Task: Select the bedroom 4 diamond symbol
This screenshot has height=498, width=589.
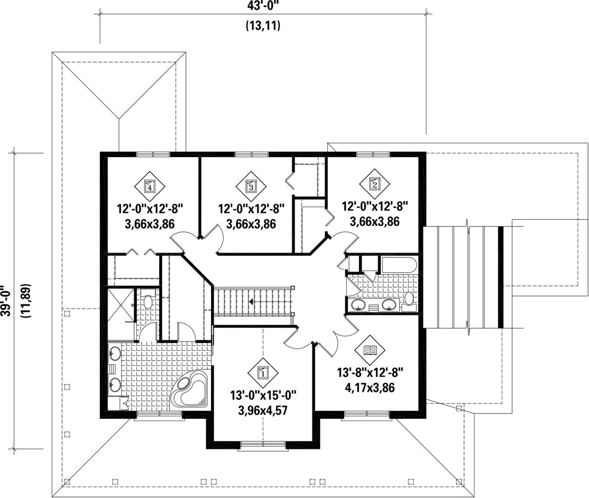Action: pyautogui.click(x=149, y=185)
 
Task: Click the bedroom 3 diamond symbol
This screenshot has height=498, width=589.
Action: pyautogui.click(x=251, y=185)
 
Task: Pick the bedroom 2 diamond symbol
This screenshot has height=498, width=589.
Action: pyautogui.click(x=375, y=183)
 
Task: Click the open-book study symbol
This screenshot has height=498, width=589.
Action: pyautogui.click(x=370, y=350)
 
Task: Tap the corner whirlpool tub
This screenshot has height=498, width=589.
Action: pyautogui.click(x=190, y=392)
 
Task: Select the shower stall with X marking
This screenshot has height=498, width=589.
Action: pyautogui.click(x=121, y=305)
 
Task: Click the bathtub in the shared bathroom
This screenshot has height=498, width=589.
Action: pyautogui.click(x=399, y=265)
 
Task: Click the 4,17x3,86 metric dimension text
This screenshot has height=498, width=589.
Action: pyautogui.click(x=370, y=388)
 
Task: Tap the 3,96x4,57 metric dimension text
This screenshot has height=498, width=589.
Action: pyautogui.click(x=263, y=411)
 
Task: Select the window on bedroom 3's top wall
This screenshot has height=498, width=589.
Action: pyautogui.click(x=251, y=154)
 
